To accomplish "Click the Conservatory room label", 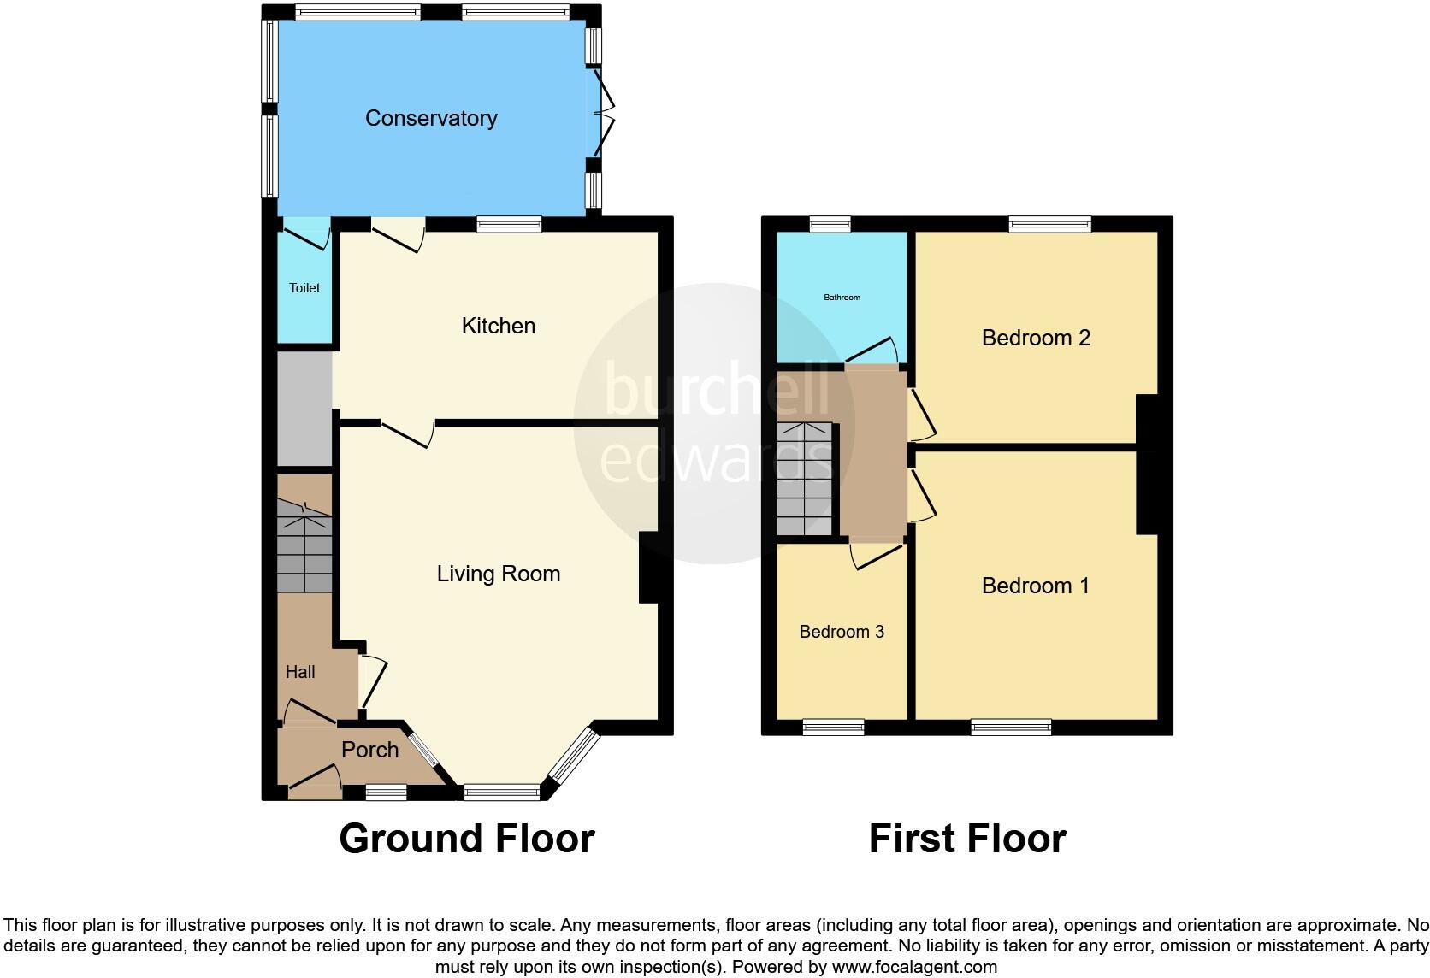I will [431, 118].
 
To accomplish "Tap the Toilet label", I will [304, 288].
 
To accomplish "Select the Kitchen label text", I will [498, 326].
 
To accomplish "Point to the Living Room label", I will [498, 574].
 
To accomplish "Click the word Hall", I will [300, 672].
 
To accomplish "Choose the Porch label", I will [369, 750].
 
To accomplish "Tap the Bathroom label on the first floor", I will [842, 298].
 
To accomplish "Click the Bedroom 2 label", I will [1036, 338].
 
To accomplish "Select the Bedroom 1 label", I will [1035, 586].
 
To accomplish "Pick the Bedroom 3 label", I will [842, 632].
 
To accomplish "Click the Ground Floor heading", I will [466, 839].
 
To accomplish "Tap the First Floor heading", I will [967, 839].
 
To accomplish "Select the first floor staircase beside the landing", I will [804, 479].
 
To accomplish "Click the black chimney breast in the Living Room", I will [649, 568].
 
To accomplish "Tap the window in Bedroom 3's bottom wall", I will [833, 728].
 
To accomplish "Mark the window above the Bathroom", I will [830, 224].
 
